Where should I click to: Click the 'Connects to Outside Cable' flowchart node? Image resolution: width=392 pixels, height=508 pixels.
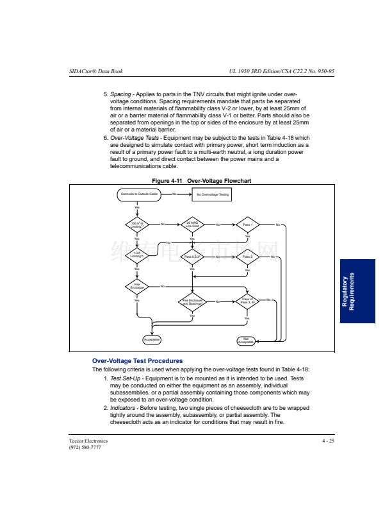[137, 193]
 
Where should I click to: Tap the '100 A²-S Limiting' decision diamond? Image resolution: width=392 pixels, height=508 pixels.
[136, 224]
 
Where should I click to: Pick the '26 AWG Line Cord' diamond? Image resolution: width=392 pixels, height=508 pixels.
[192, 224]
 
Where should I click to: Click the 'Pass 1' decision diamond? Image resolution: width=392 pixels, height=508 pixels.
[247, 224]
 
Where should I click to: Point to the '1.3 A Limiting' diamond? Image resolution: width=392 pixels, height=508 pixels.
[136, 257]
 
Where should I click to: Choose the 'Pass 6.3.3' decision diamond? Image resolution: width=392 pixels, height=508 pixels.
[192, 257]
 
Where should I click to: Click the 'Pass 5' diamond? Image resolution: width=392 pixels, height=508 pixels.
[247, 257]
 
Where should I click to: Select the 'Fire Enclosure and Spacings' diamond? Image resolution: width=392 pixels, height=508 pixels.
[192, 301]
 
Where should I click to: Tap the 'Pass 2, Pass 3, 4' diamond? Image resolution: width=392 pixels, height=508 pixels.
[247, 301]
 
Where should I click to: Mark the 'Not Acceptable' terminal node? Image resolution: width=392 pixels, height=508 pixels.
[247, 340]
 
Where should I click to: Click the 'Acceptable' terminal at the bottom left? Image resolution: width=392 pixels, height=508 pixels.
[151, 339]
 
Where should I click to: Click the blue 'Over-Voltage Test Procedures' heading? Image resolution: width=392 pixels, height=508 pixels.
[137, 361]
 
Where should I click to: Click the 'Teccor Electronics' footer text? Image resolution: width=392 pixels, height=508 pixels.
[88, 441]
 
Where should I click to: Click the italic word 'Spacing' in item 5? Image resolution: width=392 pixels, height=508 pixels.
[121, 95]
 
